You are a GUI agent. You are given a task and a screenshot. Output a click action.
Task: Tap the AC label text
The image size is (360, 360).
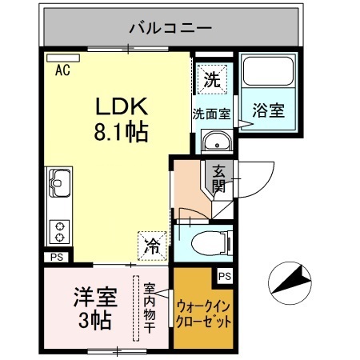pos(62,70)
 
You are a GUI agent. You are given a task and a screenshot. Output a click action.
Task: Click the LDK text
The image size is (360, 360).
pos(120,106)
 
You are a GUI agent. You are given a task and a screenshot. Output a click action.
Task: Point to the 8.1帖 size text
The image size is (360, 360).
pos(120,131)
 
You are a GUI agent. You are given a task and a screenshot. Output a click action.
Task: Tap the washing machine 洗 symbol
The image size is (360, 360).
pos(211,79)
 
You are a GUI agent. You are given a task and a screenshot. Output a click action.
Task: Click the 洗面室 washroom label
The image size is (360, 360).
pos(211,114)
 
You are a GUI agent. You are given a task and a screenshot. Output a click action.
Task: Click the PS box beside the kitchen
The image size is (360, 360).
pos(55,257)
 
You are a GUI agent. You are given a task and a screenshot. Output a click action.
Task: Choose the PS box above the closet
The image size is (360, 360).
pos(225,276)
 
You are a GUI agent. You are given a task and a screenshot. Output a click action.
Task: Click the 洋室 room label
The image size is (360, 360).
pos(96,296)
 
